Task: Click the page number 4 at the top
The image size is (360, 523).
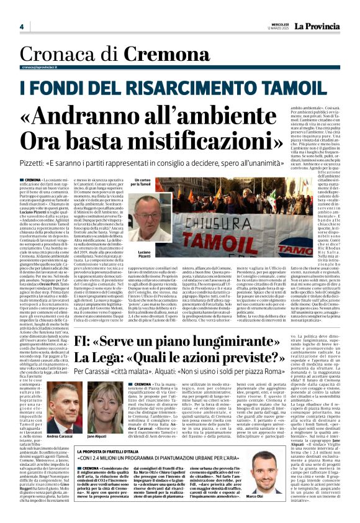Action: tap(21, 27)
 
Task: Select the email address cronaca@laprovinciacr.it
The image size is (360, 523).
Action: tap(45, 66)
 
